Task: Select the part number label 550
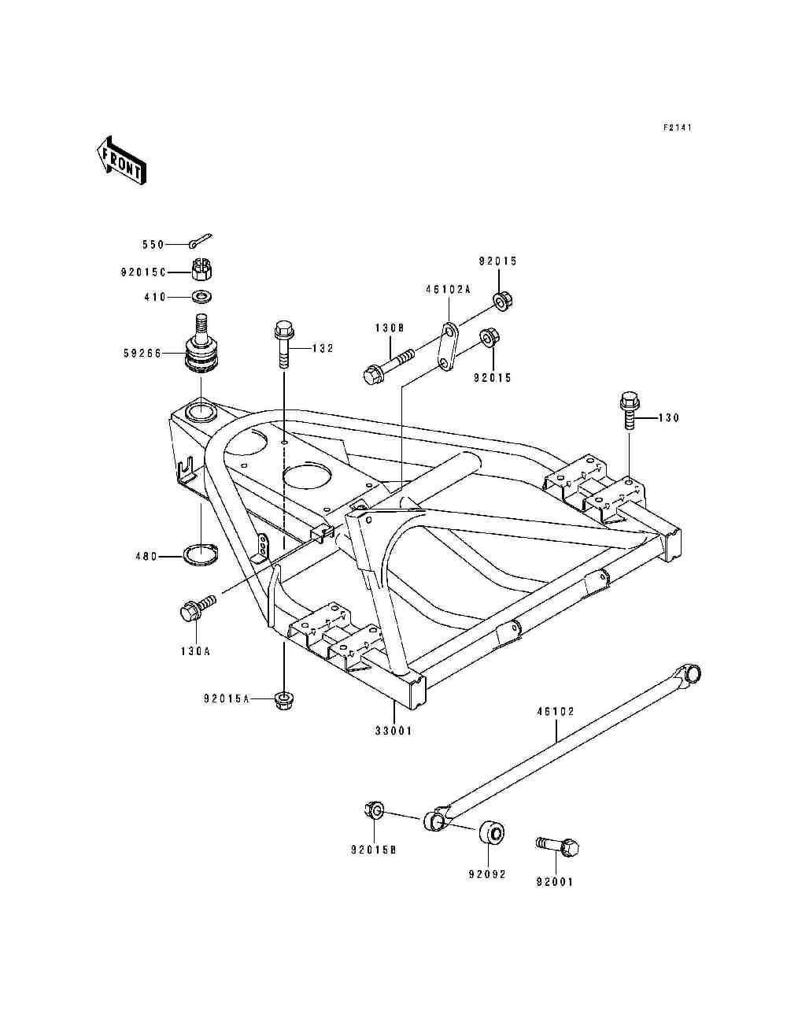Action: [153, 245]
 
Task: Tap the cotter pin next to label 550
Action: [202, 242]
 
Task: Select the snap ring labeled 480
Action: [201, 555]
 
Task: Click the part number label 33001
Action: [393, 731]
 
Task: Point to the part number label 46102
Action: [556, 711]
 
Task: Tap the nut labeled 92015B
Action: [375, 811]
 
